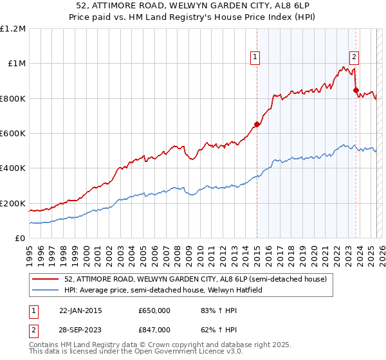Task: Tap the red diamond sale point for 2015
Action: click(x=257, y=125)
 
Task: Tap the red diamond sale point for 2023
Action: click(x=356, y=91)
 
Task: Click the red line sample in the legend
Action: click(x=46, y=279)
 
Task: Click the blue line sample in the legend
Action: click(x=46, y=290)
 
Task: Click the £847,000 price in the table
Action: click(x=154, y=329)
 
